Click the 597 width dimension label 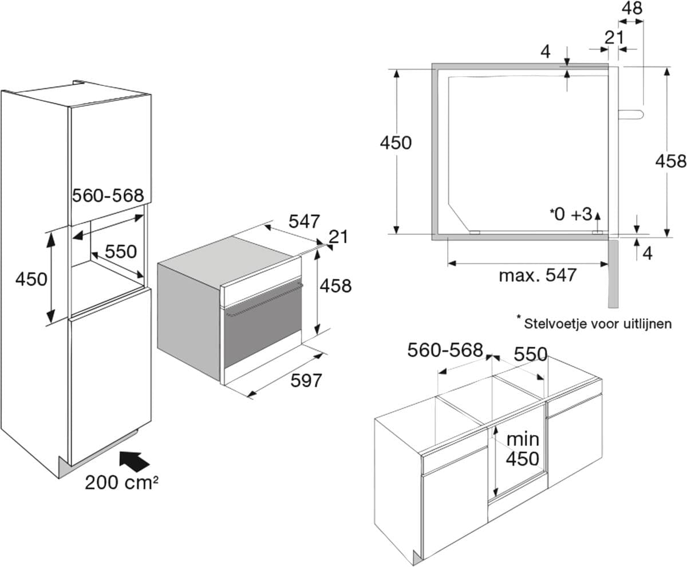coord(306,380)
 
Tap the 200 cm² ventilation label coord(121,482)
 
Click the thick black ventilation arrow coord(135,460)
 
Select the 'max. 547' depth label coord(537,275)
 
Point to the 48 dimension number coord(631,9)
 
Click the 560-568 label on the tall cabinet coord(108,195)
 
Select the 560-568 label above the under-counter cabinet coord(445,350)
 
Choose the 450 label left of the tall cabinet coord(31,279)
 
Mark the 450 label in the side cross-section coord(396,142)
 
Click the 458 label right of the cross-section coord(670,161)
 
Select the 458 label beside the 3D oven coord(335,285)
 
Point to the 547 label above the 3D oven coord(304,221)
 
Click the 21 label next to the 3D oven coord(338,236)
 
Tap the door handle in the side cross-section coord(632,114)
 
